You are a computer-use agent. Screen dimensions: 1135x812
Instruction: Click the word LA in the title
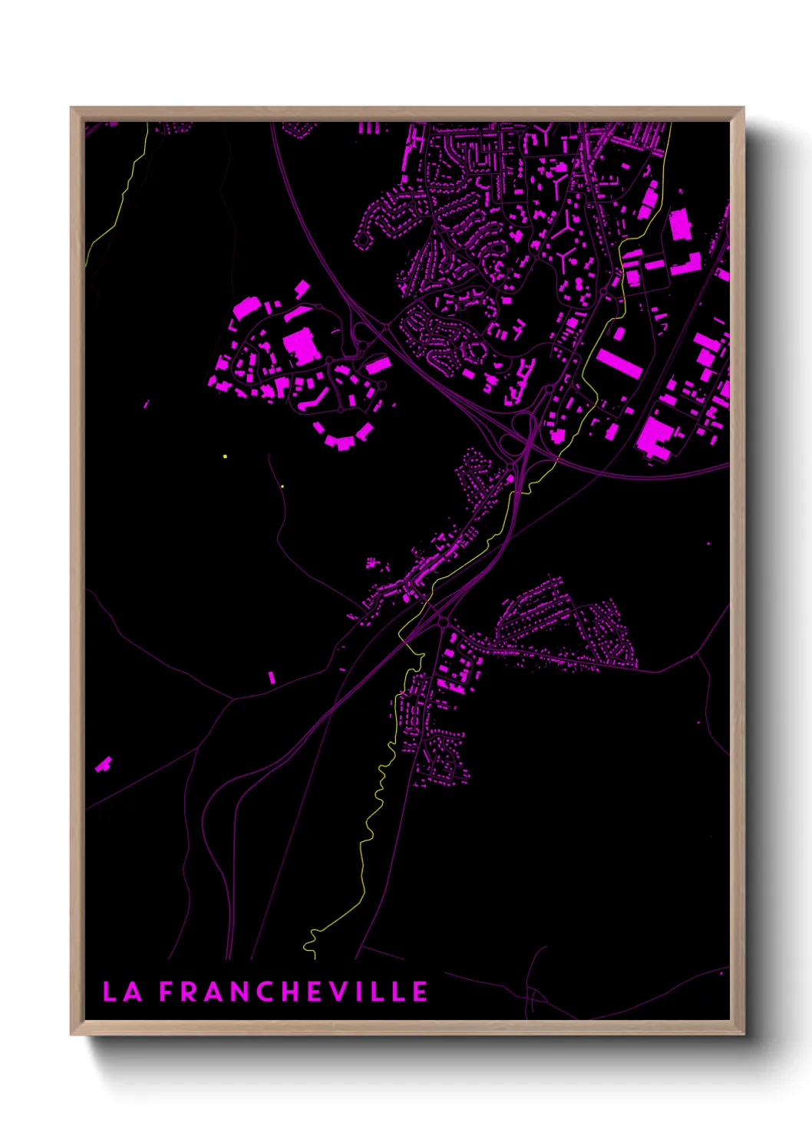[x=122, y=992]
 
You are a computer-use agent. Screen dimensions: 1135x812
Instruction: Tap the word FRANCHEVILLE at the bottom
[x=293, y=992]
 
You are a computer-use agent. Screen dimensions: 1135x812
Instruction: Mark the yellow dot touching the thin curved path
[x=282, y=486]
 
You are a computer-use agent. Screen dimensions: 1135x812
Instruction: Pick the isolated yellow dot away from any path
[x=225, y=456]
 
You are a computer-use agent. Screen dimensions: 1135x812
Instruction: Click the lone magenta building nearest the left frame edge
[x=103, y=764]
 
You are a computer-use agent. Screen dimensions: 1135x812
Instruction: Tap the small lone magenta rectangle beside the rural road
[x=271, y=677]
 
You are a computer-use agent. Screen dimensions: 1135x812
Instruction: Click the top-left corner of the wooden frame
[x=71, y=108]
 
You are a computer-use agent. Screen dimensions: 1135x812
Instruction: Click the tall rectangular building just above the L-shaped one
[x=678, y=225]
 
